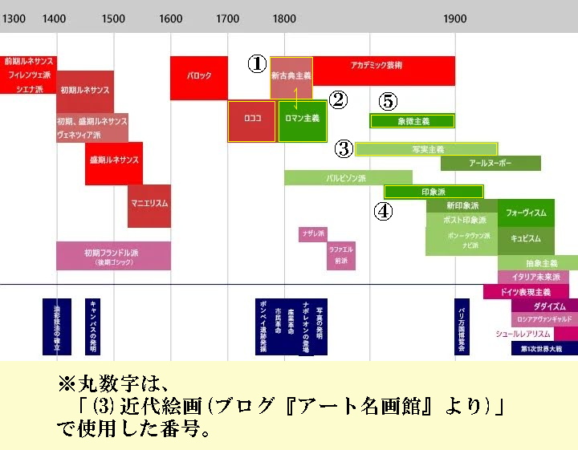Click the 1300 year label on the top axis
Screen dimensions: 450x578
(14, 18)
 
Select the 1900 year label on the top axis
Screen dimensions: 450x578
(455, 18)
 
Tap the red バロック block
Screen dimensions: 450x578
(198, 78)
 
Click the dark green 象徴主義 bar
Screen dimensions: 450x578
(413, 121)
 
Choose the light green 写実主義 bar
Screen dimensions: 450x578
(426, 149)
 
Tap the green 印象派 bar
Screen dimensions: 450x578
(433, 192)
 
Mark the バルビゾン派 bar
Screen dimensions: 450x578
(348, 177)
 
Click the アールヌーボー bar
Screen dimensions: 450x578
(490, 164)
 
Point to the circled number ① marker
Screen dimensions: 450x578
(256, 64)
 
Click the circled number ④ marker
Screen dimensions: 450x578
(384, 211)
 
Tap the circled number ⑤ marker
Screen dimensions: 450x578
(388, 101)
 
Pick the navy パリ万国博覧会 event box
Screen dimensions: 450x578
(462, 326)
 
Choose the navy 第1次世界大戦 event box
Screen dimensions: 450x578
(544, 349)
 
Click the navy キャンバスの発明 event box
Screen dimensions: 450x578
(94, 326)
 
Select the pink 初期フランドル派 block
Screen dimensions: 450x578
(113, 256)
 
